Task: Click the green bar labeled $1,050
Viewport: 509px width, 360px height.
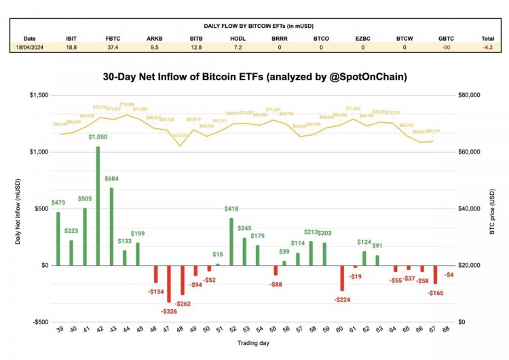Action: (98, 206)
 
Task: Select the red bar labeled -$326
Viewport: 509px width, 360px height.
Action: (169, 283)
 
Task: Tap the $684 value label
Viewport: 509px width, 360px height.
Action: (111, 179)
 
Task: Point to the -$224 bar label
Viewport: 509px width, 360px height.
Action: (341, 300)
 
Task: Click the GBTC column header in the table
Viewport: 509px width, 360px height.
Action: (446, 39)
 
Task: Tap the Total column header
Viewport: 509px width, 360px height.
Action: (487, 39)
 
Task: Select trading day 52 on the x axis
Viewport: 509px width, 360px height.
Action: (231, 329)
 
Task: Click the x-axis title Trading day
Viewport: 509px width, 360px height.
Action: (254, 343)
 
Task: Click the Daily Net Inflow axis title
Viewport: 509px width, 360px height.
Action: (18, 209)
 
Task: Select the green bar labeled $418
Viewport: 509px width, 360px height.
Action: (231, 241)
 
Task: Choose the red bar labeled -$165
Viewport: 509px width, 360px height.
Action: (435, 274)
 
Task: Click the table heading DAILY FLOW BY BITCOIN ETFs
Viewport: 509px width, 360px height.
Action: (254, 27)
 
